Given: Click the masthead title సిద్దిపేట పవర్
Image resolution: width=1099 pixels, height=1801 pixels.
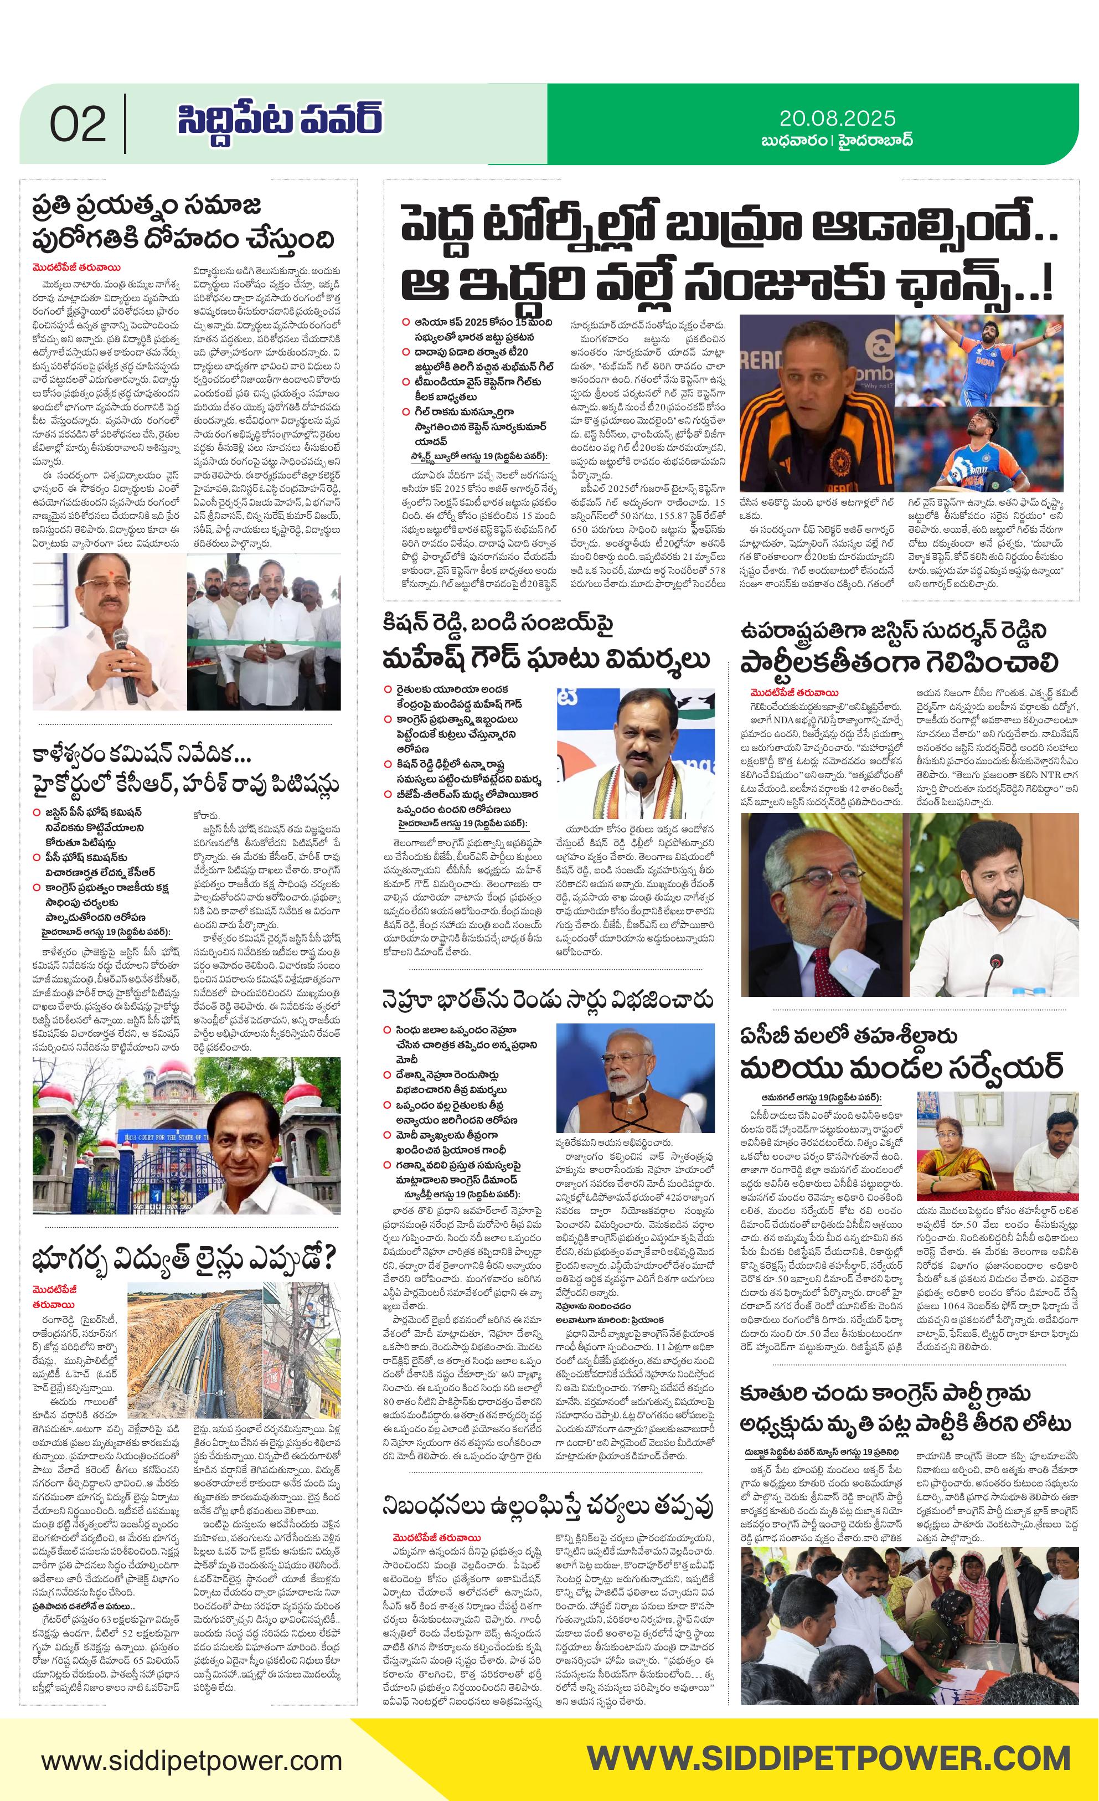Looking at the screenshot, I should pyautogui.click(x=280, y=121).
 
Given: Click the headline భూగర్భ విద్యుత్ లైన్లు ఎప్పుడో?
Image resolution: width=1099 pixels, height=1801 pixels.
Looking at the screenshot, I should pyautogui.click(x=183, y=1259).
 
